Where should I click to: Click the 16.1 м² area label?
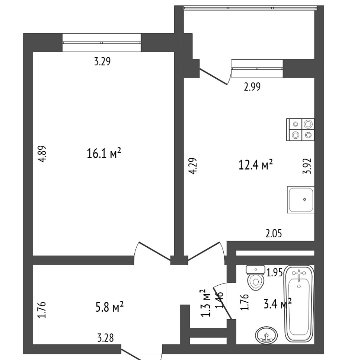point(104,153)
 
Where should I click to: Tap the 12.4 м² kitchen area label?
point(256,164)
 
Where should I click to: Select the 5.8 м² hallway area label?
point(109,307)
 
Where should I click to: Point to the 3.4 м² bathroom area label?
point(277,304)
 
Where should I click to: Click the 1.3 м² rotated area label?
point(206,303)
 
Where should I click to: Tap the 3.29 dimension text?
point(103,62)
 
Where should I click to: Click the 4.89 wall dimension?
point(43,153)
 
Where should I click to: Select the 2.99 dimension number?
point(252,87)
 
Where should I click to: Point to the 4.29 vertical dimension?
point(193,166)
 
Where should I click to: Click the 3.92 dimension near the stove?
point(307,166)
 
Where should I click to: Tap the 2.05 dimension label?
point(274,234)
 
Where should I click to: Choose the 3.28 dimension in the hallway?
point(106,338)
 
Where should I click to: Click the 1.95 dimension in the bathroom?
point(274,273)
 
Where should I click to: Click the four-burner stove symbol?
point(300,129)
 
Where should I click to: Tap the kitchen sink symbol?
point(300,199)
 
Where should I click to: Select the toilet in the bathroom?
point(256,278)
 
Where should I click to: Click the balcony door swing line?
point(213,76)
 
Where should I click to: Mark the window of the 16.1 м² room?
point(102,43)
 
